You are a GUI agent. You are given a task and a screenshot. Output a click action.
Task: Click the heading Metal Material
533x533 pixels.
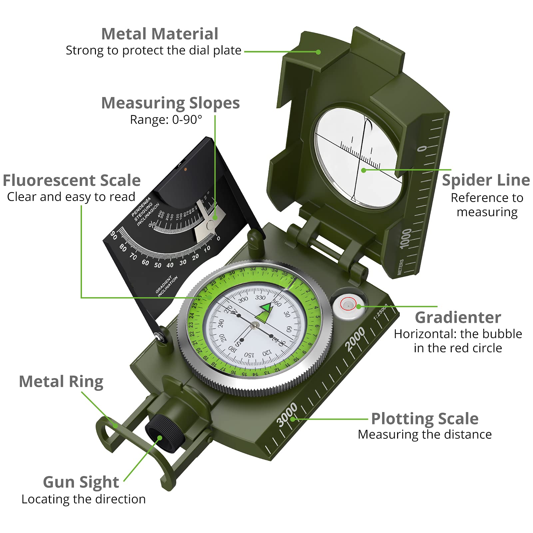pos(160,34)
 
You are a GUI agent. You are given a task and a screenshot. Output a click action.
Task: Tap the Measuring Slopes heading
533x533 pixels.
pos(170,103)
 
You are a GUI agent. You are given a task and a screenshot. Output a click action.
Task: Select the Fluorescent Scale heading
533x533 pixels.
pos(72,181)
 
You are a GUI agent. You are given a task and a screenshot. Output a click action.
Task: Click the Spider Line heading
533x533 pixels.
pos(486,180)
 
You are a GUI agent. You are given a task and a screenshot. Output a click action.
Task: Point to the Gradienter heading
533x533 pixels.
pos(458,317)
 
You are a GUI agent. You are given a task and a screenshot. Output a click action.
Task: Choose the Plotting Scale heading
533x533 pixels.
pos(425,419)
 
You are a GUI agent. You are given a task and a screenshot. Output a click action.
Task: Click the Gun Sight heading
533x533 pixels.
pos(81,482)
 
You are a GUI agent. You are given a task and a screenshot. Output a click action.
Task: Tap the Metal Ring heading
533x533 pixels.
pos(61,381)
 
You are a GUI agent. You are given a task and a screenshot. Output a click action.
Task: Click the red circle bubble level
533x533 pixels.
pos(348,304)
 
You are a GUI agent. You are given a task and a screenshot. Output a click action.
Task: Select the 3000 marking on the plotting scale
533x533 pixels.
pos(287,414)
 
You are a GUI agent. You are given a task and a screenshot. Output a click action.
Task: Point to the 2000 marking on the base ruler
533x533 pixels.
pos(355,339)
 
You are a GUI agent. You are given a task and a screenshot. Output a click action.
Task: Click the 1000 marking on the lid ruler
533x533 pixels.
pos(406,239)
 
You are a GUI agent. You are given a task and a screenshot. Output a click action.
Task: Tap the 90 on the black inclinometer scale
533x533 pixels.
pos(114,235)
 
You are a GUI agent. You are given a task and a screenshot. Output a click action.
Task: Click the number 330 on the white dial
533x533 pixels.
pos(260,297)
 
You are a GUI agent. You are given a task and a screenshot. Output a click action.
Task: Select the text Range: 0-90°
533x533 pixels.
pos(166,120)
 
